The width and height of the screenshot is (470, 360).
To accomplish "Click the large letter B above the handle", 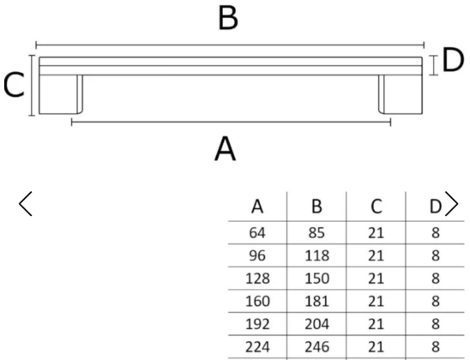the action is [x=228, y=19].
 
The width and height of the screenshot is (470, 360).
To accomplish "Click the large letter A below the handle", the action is [x=226, y=149].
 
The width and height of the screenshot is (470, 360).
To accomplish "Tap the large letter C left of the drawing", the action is [x=14, y=85].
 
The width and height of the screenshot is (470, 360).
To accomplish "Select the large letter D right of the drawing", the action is [x=453, y=60].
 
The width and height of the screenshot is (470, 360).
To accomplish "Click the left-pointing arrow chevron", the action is [x=26, y=204].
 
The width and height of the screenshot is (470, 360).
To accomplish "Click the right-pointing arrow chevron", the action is [x=451, y=204].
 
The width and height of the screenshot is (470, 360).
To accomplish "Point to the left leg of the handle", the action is [x=61, y=94].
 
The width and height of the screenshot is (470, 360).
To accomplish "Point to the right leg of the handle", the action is [x=401, y=94].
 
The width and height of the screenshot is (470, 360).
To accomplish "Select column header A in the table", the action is [x=257, y=207].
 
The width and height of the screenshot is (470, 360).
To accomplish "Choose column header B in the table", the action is [x=316, y=207].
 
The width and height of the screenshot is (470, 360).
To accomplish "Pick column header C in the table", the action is [x=377, y=207].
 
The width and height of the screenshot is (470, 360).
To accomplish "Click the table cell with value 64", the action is [x=257, y=233].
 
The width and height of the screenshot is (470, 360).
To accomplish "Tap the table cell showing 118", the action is [x=316, y=255].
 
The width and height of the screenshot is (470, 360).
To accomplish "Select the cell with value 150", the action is [x=316, y=279].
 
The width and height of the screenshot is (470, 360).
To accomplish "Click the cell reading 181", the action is [x=316, y=302].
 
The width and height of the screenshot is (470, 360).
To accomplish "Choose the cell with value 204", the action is [x=316, y=324].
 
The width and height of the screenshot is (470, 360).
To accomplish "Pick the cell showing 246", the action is [x=316, y=347].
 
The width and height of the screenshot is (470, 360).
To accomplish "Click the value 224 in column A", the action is [x=257, y=347].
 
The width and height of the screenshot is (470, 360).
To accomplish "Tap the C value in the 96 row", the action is [x=376, y=255].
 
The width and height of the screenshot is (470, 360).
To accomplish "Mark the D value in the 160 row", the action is [x=436, y=302].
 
